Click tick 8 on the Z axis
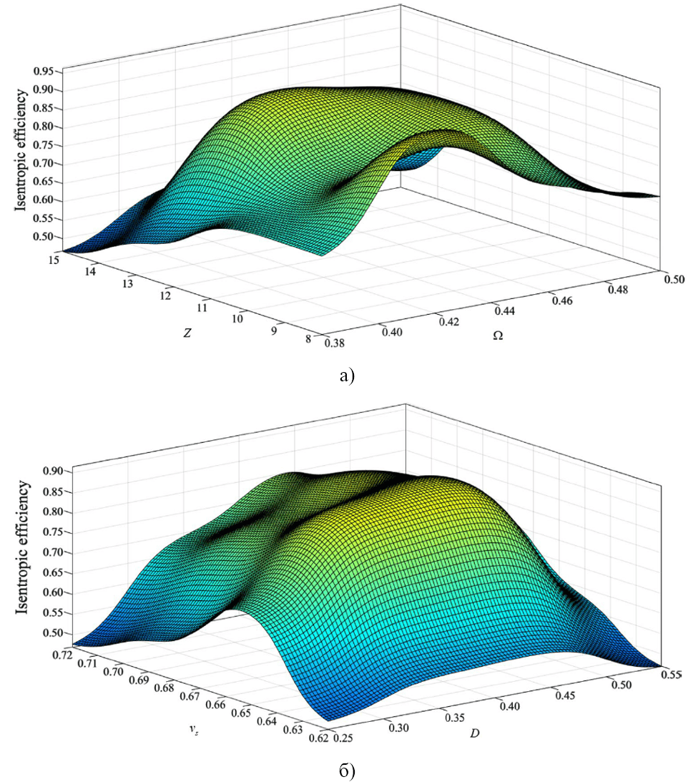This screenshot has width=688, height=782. tap(308, 340)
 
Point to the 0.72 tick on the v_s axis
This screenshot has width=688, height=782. tap(61, 654)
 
